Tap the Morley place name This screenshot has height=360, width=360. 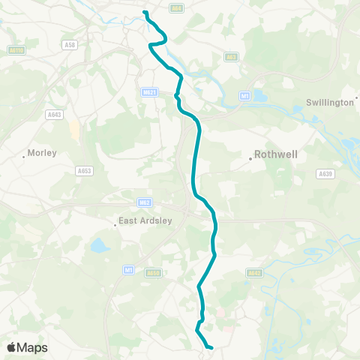click(x=41, y=153)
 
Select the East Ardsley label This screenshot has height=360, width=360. click(x=140, y=222)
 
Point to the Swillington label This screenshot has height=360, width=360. click(x=332, y=102)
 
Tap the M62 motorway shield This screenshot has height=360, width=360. click(x=145, y=202)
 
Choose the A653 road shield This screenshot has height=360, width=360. click(x=84, y=171)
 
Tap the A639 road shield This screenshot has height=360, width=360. click(x=325, y=173)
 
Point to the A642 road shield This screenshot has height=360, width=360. click(x=253, y=274)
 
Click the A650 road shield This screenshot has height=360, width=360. click(x=153, y=273)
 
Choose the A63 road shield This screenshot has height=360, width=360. click(x=232, y=56)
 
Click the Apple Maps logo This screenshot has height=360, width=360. click(x=28, y=347)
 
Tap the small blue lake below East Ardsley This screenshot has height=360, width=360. click(x=99, y=245)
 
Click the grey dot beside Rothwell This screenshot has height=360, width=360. click(x=250, y=158)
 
